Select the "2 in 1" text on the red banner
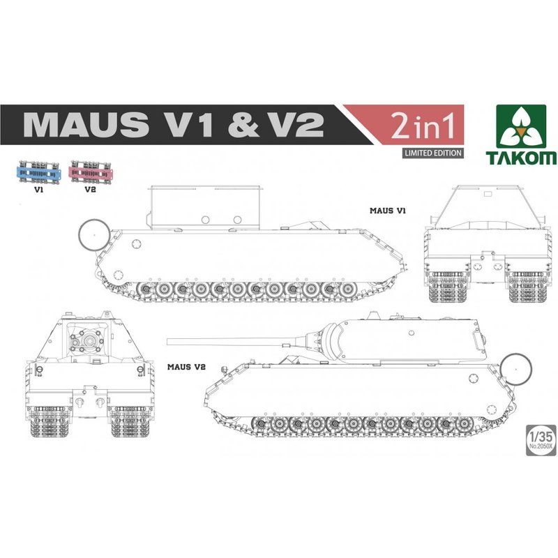pos(423,126)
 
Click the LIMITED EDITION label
pos(432,153)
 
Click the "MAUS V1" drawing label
pos(388,211)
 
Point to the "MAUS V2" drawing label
pos(186,367)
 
